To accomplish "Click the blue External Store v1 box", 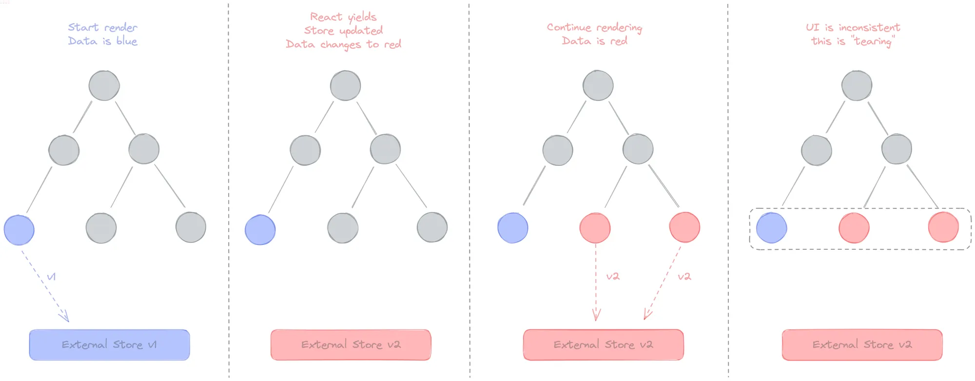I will (109, 345).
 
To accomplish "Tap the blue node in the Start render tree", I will (19, 230).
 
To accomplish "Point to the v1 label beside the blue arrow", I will (51, 277).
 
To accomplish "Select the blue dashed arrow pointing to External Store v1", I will (45, 285).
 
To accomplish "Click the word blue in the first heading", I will (127, 41).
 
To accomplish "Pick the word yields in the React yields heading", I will (362, 18).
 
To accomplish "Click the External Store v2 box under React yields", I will (351, 345).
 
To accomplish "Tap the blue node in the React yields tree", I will (260, 230).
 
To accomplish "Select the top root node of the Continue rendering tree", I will (598, 85).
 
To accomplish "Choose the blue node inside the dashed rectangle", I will (771, 228).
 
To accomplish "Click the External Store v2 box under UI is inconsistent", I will (862, 345).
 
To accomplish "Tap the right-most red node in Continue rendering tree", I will (684, 227).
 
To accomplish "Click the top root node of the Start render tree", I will (104, 85).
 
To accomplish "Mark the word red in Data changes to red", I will (392, 44).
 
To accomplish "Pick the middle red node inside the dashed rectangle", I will (854, 228).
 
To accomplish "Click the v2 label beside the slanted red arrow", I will (684, 277).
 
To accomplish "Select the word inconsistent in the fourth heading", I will (869, 27).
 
